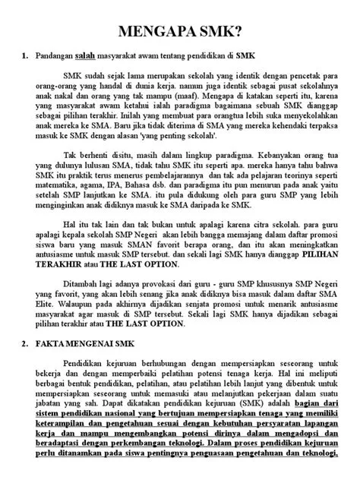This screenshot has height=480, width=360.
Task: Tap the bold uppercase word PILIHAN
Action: (x=315, y=274)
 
